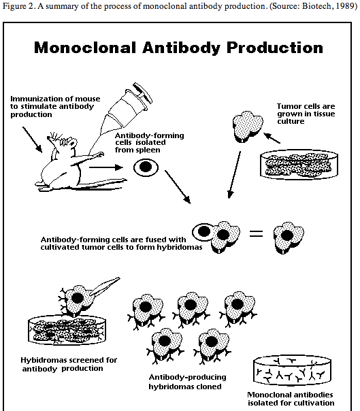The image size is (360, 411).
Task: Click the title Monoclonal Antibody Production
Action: click(x=178, y=48)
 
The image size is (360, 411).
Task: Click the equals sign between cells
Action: click(x=256, y=235)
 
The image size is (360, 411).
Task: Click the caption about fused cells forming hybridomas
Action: click(x=112, y=244)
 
